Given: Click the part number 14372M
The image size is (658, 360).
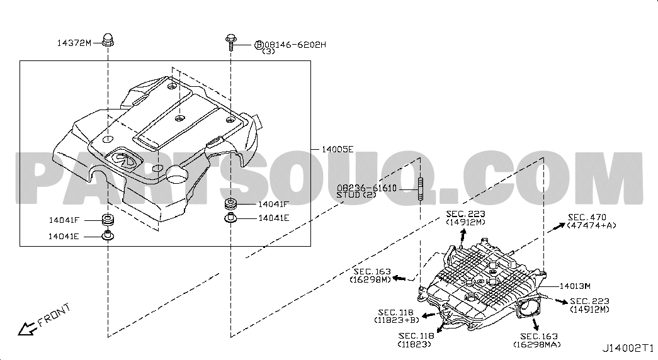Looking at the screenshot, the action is click(74, 42).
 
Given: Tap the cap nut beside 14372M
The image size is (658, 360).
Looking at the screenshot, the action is click(108, 40).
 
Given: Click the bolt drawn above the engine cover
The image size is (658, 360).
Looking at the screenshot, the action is click(231, 42).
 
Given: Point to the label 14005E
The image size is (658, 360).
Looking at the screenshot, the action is click(338, 149).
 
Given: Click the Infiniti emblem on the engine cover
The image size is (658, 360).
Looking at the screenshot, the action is click(123, 159).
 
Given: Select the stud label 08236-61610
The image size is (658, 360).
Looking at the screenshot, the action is click(366, 188).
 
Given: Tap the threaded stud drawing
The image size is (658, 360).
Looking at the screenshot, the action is click(421, 189).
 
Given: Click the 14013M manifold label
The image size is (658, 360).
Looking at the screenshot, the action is click(575, 286).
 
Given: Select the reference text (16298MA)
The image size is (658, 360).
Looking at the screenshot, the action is click(536, 344).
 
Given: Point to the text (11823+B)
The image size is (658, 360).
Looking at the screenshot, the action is click(397, 320).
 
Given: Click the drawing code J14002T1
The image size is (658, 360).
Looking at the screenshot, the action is click(628, 348).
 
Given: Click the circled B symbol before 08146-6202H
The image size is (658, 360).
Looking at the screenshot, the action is click(259, 45).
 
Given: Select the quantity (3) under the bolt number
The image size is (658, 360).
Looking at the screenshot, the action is click(269, 52).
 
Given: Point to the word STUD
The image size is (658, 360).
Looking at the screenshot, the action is click(348, 194).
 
